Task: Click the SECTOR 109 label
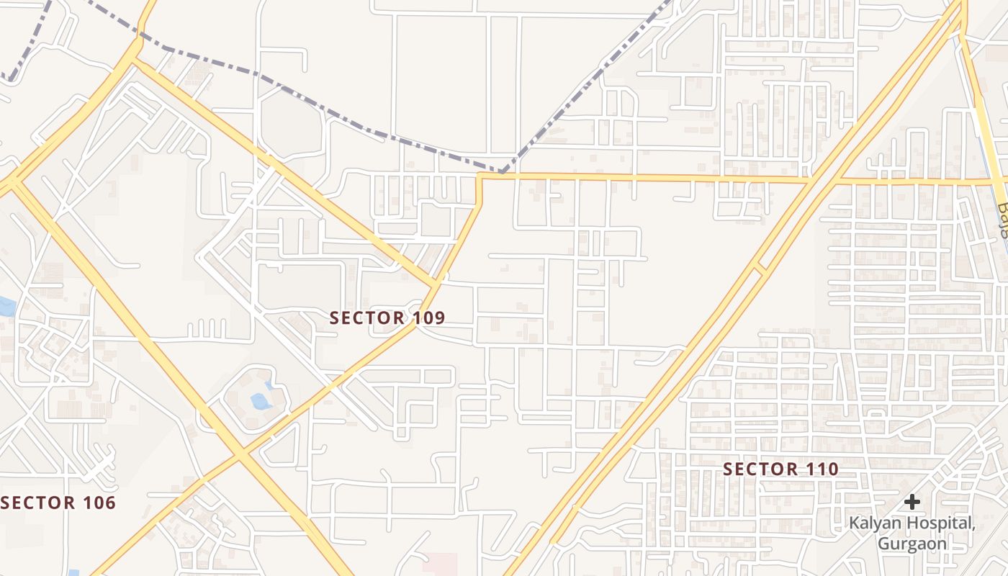point(387,318)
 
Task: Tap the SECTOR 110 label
point(780,469)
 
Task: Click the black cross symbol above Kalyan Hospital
point(912,501)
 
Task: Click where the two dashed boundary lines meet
point(502,172)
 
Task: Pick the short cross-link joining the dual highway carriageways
point(758,270)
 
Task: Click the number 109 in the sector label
point(430,318)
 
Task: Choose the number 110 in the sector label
point(822,469)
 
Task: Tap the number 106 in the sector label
point(99,503)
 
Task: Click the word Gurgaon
point(912,544)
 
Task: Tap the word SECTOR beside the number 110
point(760,469)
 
